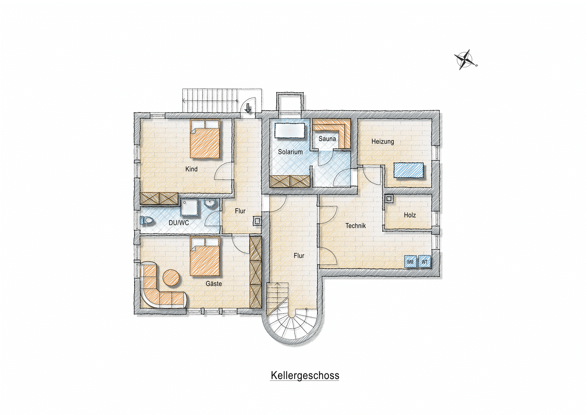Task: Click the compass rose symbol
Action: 465,60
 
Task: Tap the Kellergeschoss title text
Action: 305,375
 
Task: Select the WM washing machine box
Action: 410,261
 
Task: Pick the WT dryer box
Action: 424,261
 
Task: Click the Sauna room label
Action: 327,139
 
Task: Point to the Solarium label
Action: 290,152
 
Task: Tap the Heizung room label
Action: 383,141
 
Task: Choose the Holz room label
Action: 410,215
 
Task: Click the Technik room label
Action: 355,225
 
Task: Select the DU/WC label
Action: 179,223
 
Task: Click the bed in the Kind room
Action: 205,139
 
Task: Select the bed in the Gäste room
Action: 205,256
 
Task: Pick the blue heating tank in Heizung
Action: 408,170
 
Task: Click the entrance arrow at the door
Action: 248,108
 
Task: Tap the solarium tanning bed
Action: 290,130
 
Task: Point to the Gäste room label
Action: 214,283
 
